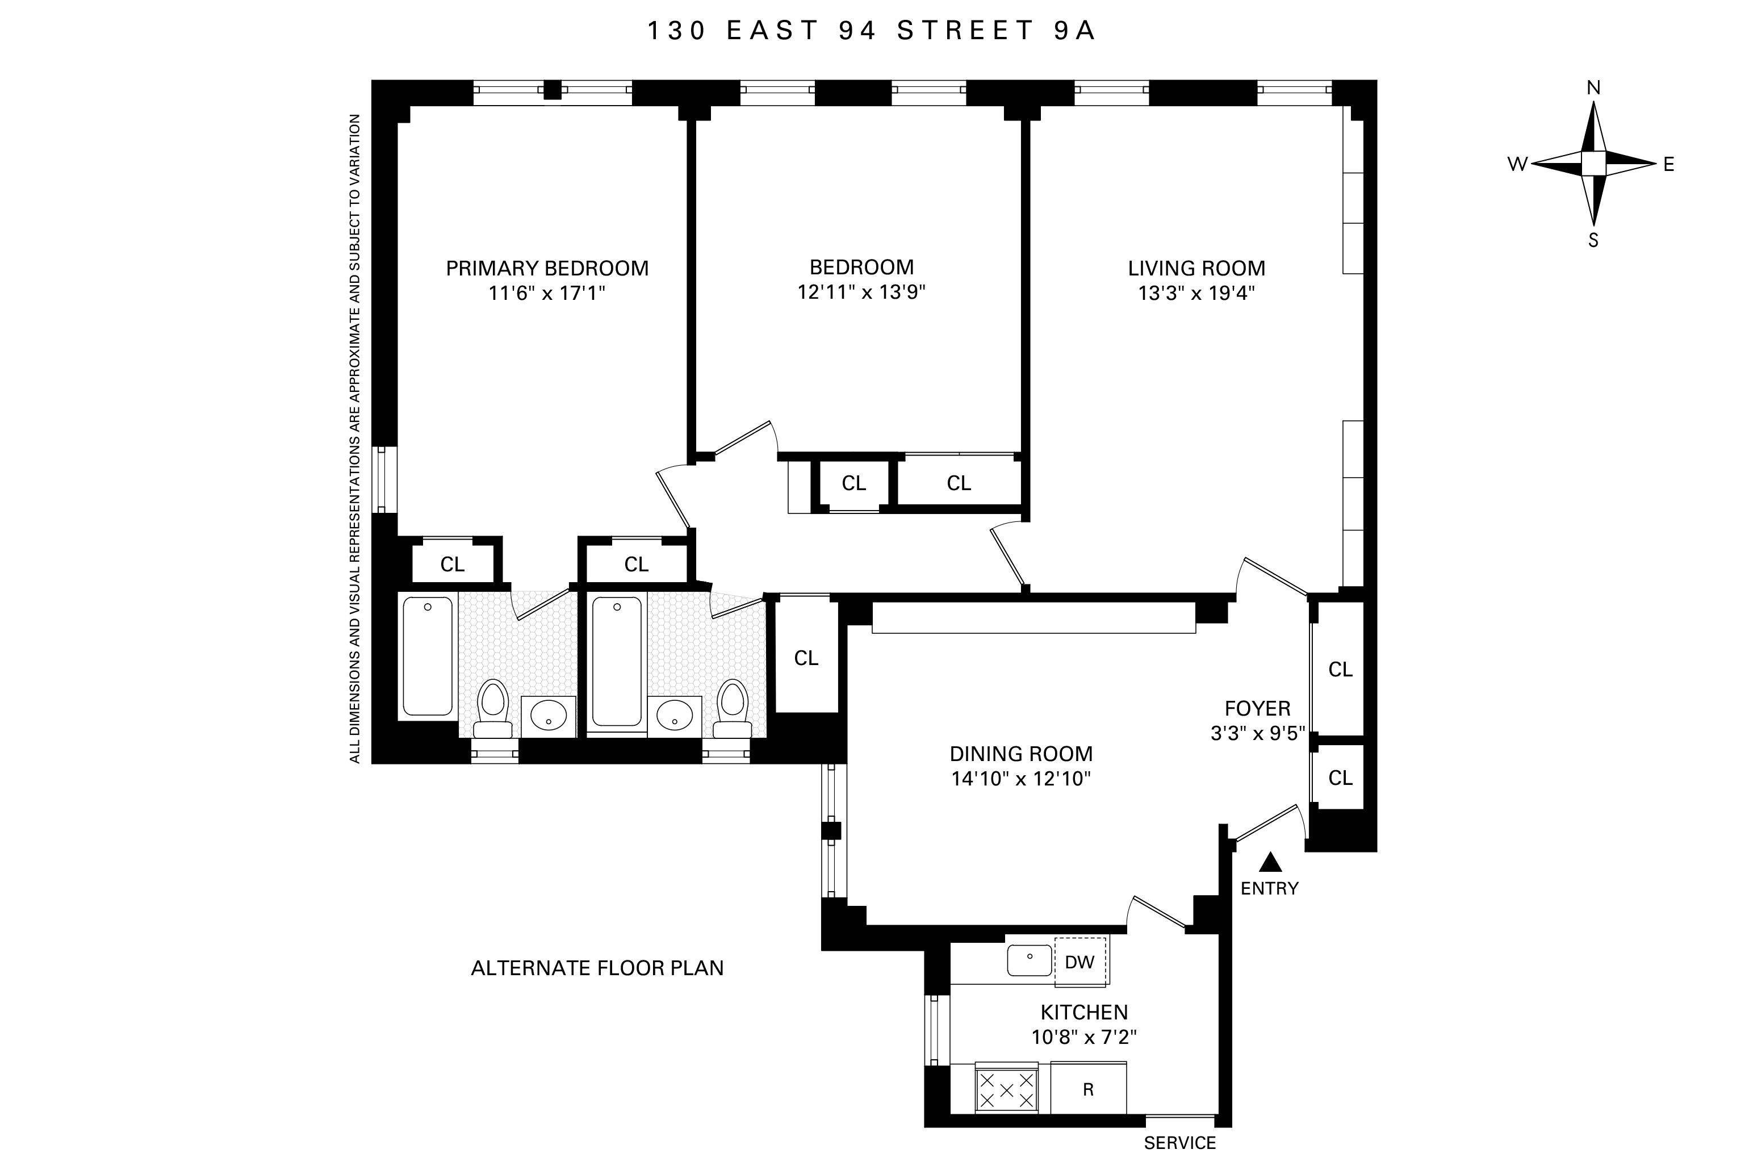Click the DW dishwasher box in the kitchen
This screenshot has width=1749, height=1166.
(1079, 962)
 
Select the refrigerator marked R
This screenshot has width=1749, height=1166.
(1088, 1089)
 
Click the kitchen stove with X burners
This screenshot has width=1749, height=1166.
(1006, 1090)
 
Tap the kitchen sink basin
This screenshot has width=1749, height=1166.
(1029, 960)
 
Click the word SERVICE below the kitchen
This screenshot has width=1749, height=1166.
(1179, 1143)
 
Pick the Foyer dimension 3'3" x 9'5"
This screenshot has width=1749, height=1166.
(1258, 734)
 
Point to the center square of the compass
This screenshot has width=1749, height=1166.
(1593, 164)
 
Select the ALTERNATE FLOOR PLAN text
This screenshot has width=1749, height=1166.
(597, 968)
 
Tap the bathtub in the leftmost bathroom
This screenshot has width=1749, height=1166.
(428, 656)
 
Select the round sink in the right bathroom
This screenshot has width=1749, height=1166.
(674, 716)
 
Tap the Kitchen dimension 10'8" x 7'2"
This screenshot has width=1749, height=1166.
(1083, 1037)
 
